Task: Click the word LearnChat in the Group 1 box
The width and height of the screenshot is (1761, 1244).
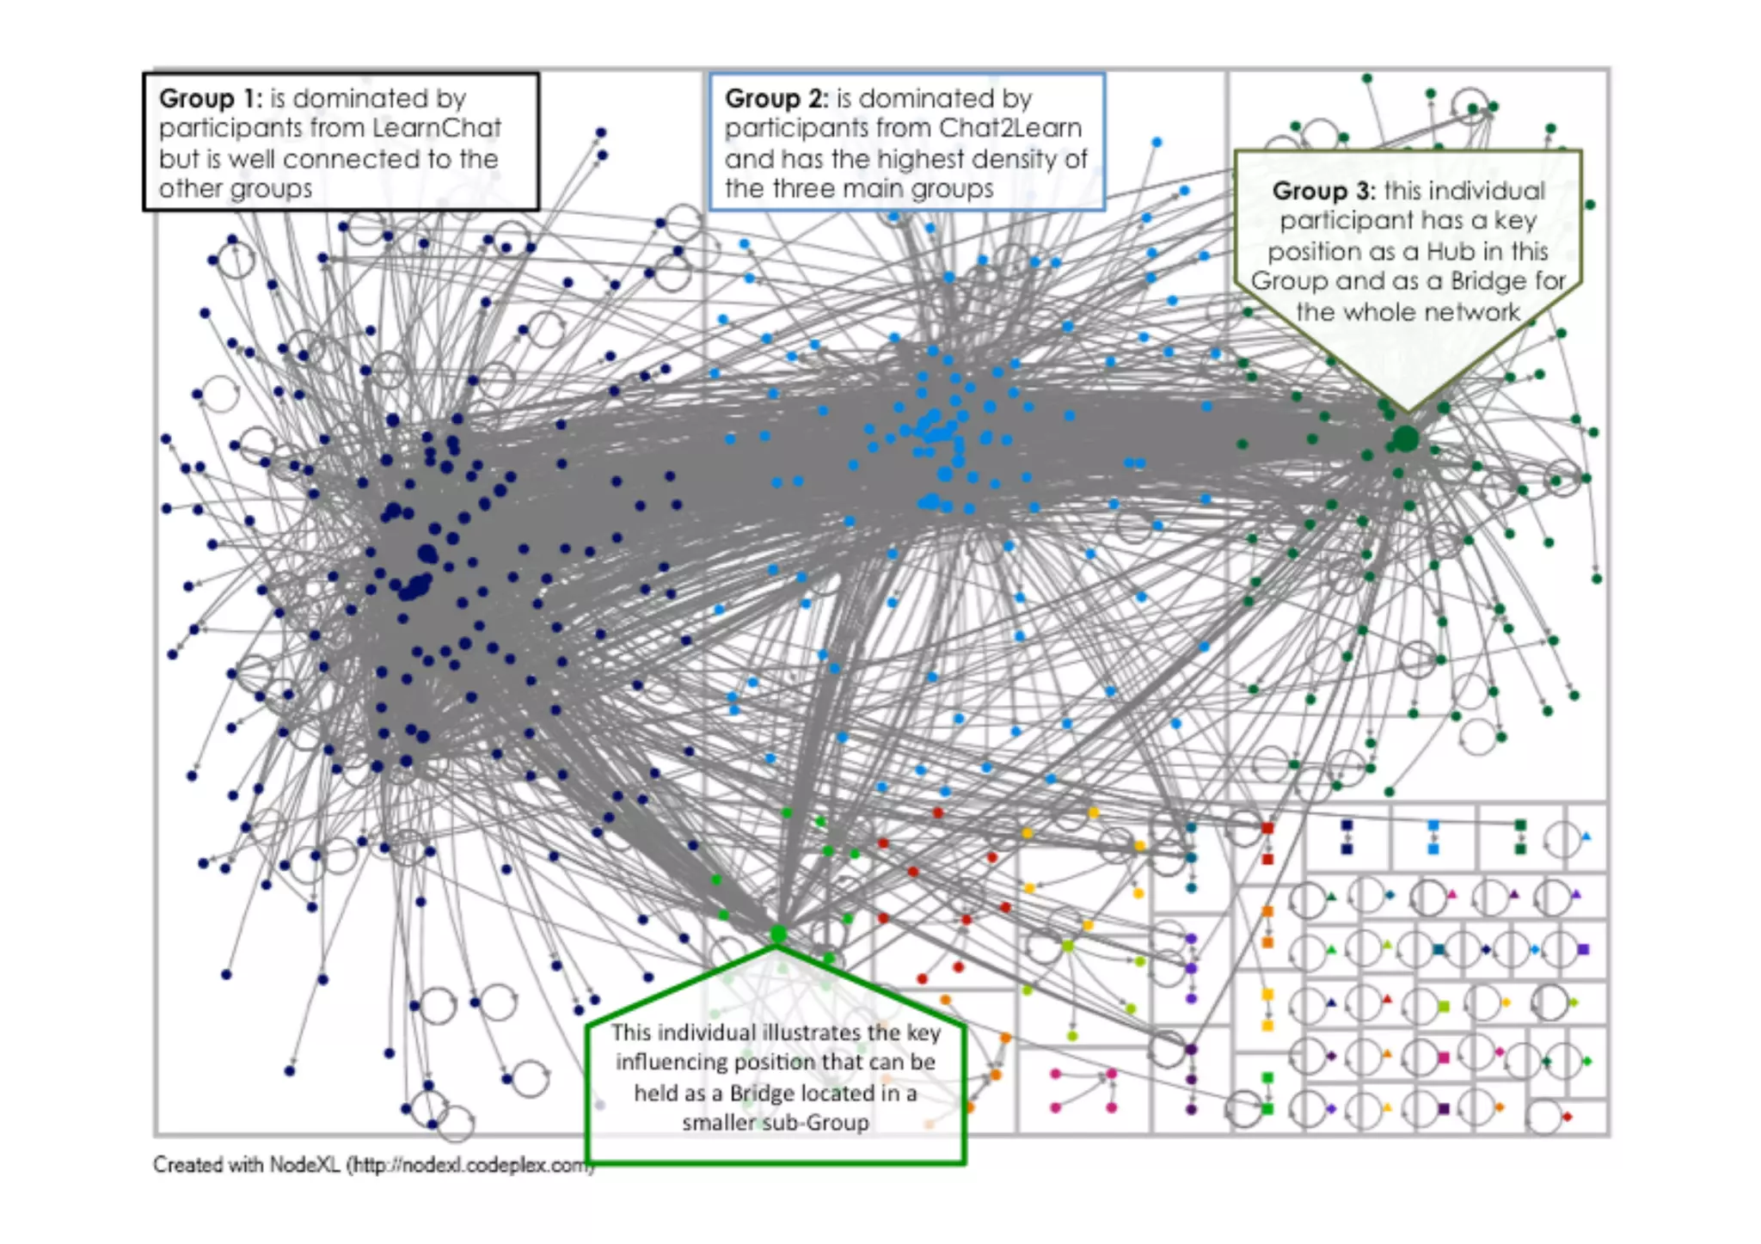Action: tap(438, 128)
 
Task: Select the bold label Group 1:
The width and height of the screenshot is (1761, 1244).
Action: tap(210, 98)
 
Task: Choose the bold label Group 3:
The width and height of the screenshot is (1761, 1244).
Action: tap(1323, 190)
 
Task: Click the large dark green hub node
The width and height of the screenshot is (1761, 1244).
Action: tap(1405, 438)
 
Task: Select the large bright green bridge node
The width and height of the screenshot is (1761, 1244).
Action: tap(779, 934)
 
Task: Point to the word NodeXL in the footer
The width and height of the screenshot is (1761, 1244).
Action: tap(305, 1165)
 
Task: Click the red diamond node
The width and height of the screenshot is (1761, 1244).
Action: tap(1567, 1117)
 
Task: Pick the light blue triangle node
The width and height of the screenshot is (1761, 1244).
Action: tap(1586, 836)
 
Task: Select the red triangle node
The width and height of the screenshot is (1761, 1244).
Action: tap(1387, 999)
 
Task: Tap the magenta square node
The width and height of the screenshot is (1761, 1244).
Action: tap(1444, 1057)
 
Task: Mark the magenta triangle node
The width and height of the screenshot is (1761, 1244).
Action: tap(1452, 894)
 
